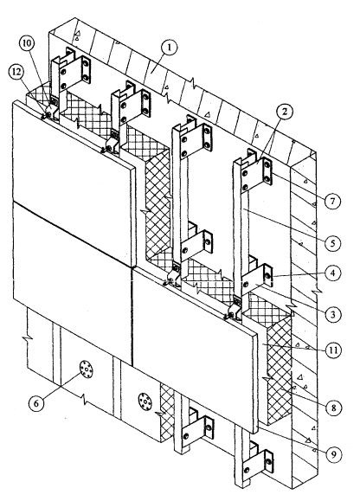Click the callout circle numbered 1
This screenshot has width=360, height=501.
pos(170,48)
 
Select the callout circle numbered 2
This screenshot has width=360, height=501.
pos(285,112)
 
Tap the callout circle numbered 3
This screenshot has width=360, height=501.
pos(333,315)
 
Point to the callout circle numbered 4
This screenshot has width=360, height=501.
pos(333,273)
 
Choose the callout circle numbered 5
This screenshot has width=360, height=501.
pos(333,243)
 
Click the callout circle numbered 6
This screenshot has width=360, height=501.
pos(36,403)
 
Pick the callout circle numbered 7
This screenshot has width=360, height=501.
pos(333,202)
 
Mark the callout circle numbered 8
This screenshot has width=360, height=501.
pos(333,408)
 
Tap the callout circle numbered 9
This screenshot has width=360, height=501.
pos(333,454)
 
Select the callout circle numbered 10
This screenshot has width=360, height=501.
pos(28,44)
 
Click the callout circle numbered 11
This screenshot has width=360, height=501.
pos(333,350)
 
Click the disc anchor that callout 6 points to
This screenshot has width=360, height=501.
pos(86,369)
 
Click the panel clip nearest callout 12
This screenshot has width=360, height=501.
pos(50,112)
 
